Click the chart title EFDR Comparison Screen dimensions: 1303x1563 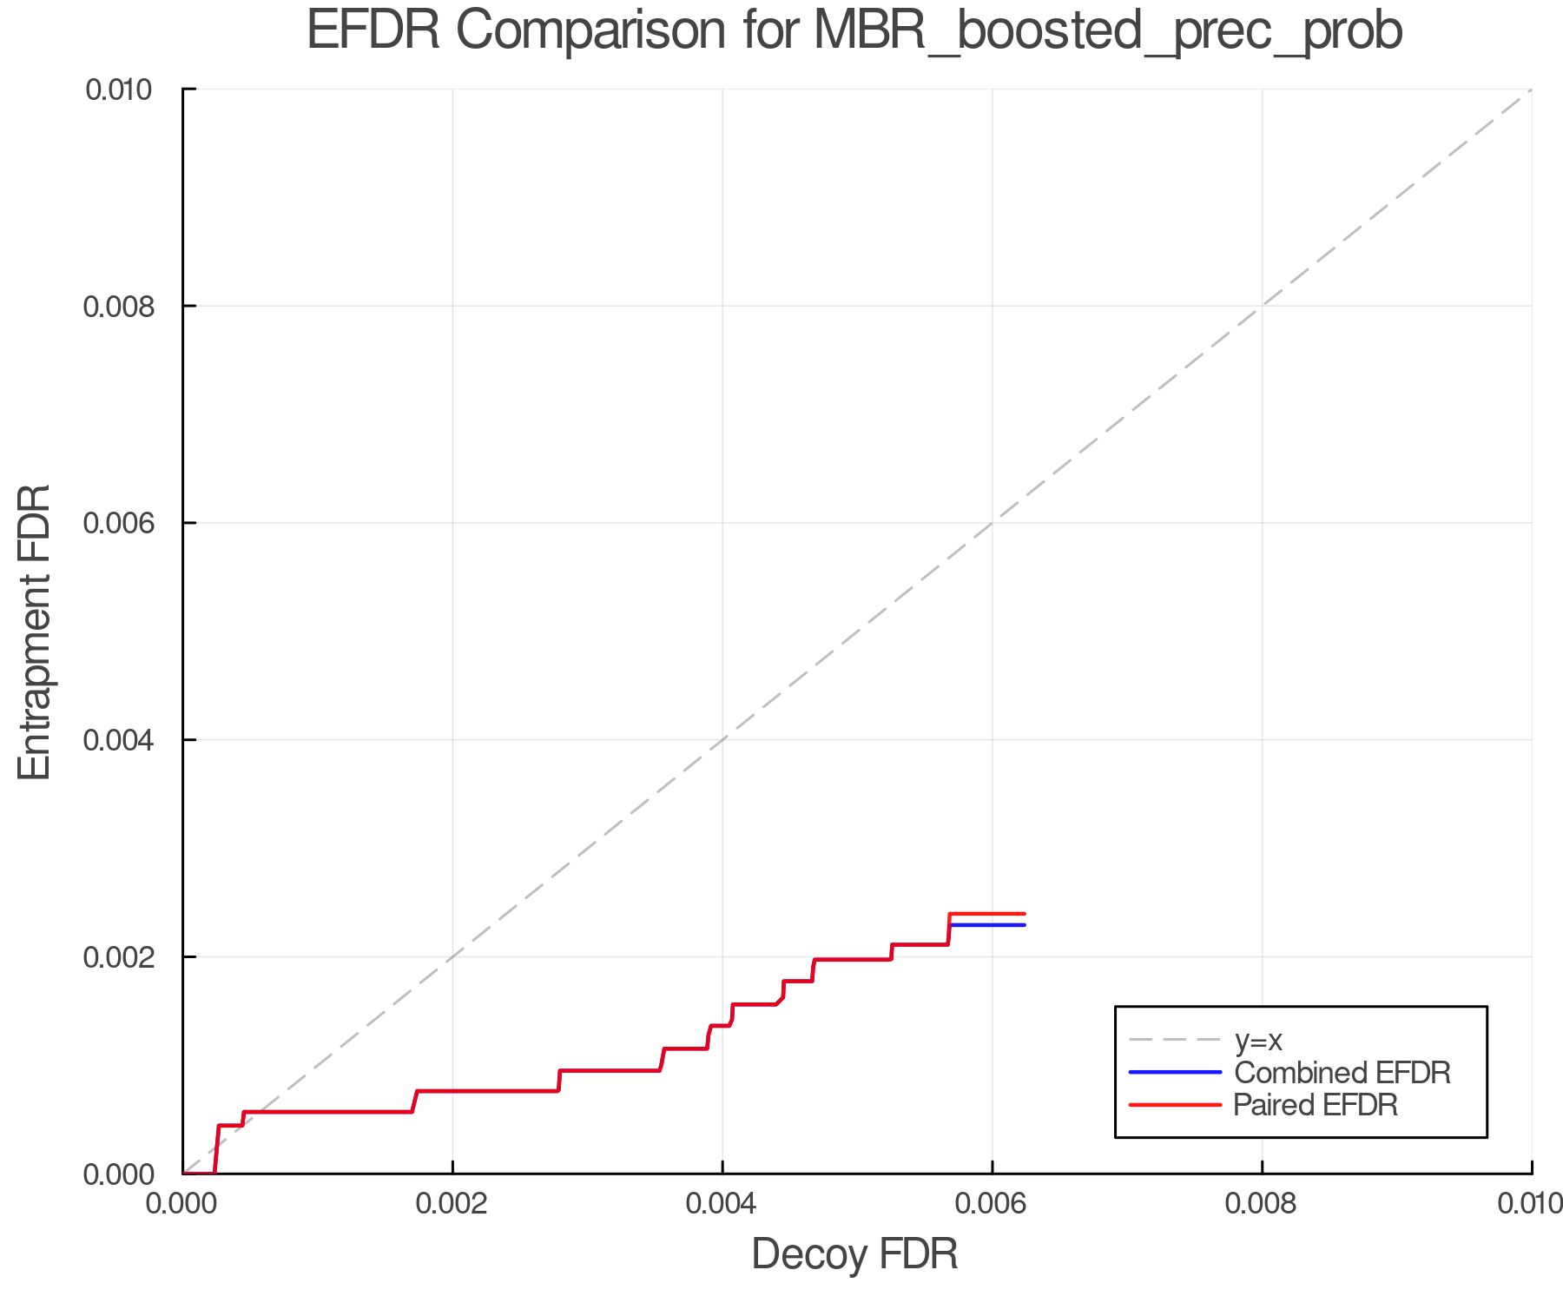coord(854,31)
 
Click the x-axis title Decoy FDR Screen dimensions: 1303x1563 coord(854,1253)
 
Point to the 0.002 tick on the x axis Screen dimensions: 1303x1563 coord(452,1203)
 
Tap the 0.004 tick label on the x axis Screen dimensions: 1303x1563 coord(722,1203)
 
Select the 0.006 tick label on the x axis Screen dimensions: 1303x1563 coord(993,1203)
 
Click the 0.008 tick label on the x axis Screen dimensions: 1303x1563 coord(1262,1203)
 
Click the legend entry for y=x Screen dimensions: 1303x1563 coord(1258,1040)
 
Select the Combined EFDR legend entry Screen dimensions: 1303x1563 coord(1342,1072)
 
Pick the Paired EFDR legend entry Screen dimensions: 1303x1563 coord(1316,1105)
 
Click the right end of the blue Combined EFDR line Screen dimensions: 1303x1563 coord(1025,925)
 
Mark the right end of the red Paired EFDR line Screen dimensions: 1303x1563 coord(1025,914)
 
